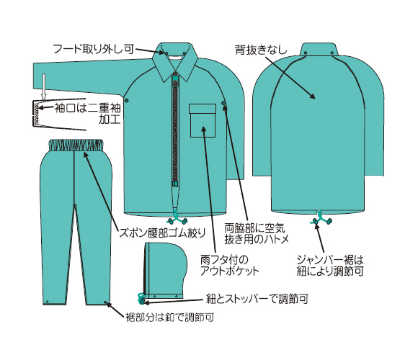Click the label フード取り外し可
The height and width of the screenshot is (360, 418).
click(x=94, y=49)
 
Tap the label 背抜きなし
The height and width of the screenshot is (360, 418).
click(x=261, y=50)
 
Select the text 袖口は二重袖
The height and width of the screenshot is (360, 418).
click(x=87, y=108)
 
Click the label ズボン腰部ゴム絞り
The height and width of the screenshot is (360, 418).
click(x=163, y=233)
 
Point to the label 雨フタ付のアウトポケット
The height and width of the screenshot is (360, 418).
click(x=229, y=265)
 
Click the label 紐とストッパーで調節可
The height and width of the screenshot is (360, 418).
click(x=257, y=299)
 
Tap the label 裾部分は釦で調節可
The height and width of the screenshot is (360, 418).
click(x=170, y=317)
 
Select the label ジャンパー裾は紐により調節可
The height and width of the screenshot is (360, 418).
click(x=330, y=265)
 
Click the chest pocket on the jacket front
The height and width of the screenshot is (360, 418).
click(x=203, y=120)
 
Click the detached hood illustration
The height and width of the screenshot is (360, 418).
click(x=164, y=270)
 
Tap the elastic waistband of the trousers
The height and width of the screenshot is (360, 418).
click(x=76, y=145)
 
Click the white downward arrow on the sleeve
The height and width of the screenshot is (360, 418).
click(x=44, y=86)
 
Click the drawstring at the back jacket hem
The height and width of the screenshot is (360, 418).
click(x=321, y=218)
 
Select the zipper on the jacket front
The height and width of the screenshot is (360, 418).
click(x=175, y=129)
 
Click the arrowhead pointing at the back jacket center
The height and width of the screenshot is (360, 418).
click(x=313, y=96)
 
